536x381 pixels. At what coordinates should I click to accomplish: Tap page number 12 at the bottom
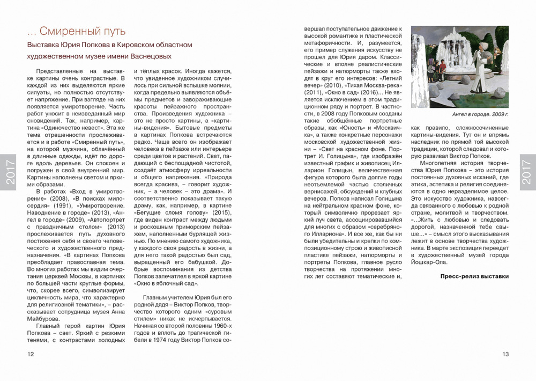pyautogui.click(x=31, y=354)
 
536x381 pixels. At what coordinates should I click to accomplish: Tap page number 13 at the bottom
pyautogui.click(x=505, y=354)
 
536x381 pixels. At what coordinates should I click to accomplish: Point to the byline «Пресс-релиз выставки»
pyautogui.click(x=474, y=276)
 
